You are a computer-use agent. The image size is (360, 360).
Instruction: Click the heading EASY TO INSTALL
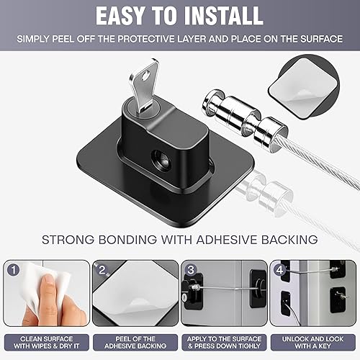click(179, 16)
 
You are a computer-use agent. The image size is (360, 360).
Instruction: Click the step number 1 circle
click(14, 270)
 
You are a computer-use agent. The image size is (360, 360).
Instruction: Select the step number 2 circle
click(103, 271)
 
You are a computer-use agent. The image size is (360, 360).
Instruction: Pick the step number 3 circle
click(191, 271)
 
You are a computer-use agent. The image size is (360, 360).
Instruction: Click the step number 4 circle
click(279, 271)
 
